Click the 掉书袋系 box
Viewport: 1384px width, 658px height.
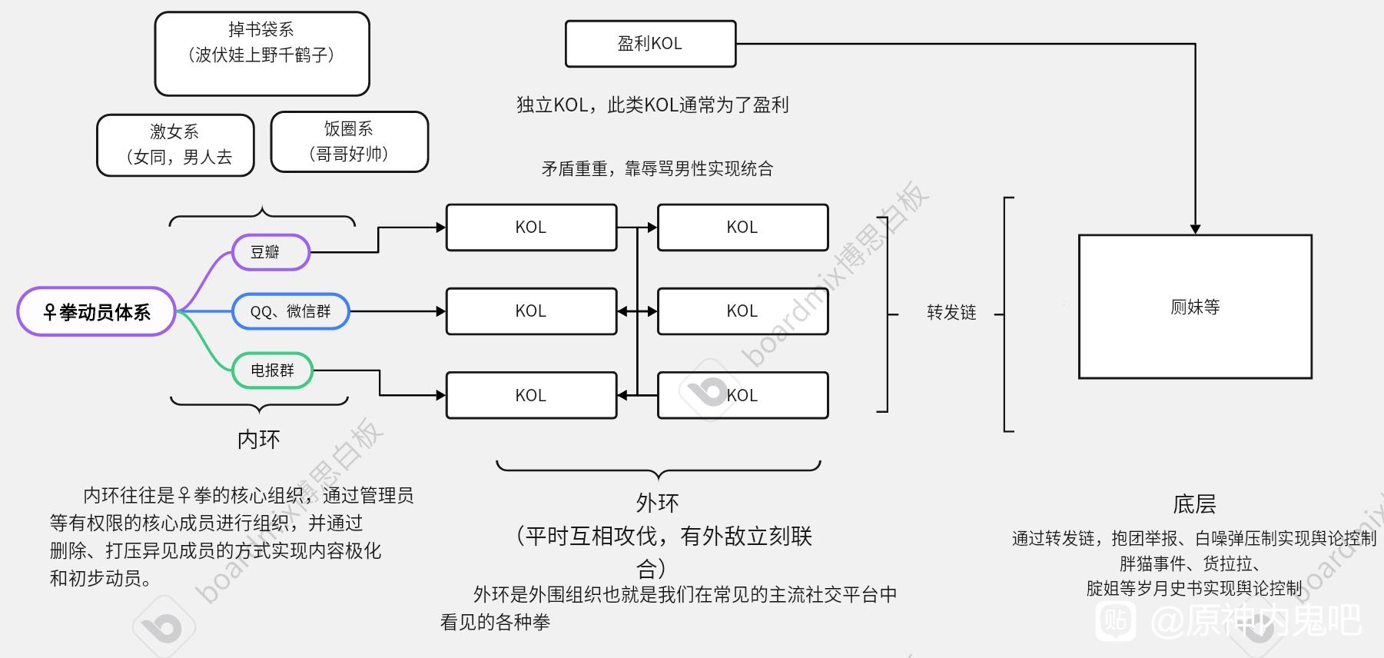click(x=262, y=54)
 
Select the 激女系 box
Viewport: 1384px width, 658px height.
click(x=175, y=145)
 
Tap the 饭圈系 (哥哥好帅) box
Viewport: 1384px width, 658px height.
click(x=349, y=142)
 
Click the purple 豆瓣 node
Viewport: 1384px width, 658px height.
click(x=270, y=252)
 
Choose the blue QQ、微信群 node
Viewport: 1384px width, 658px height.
click(x=290, y=311)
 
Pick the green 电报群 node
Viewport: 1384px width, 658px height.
click(x=273, y=371)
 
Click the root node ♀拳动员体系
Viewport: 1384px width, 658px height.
click(x=97, y=312)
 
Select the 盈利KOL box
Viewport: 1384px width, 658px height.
click(x=650, y=44)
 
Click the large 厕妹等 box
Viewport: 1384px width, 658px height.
click(x=1195, y=307)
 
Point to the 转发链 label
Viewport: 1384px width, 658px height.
click(x=951, y=312)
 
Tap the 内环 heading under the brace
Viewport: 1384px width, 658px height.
click(x=259, y=439)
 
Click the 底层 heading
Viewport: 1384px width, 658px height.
click(x=1194, y=504)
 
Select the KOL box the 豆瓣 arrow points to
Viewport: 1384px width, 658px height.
click(x=531, y=228)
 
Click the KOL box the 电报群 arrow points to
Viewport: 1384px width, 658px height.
click(x=531, y=395)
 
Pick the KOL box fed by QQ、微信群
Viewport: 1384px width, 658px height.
click(x=531, y=311)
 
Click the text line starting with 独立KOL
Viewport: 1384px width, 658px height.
click(x=652, y=105)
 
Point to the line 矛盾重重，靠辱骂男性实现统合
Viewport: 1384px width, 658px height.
click(x=657, y=169)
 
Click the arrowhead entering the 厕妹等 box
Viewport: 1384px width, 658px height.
click(x=1195, y=229)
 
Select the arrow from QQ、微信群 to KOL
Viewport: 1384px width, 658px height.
click(x=397, y=311)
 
